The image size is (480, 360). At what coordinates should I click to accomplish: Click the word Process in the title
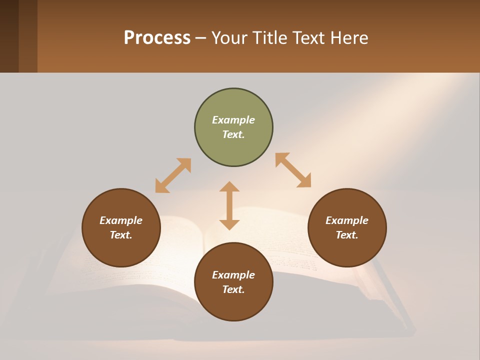(x=157, y=38)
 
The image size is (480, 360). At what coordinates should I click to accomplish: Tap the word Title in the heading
(x=271, y=38)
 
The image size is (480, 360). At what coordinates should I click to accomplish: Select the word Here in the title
(x=349, y=38)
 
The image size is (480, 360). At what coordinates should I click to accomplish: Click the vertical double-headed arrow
(x=229, y=205)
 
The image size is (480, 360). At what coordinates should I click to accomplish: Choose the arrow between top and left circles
(x=173, y=175)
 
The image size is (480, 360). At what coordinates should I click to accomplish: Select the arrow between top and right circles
(x=293, y=170)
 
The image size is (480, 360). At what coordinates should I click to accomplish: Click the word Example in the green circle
(x=233, y=120)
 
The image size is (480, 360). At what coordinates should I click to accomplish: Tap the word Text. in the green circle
(x=233, y=134)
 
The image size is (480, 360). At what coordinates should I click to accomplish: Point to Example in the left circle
(x=121, y=220)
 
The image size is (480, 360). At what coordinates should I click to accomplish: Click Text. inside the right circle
(x=347, y=235)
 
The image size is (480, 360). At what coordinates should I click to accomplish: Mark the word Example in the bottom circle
(x=233, y=275)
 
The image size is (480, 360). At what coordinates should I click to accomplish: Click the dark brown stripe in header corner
(x=9, y=36)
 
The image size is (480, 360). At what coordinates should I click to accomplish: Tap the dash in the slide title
(x=200, y=38)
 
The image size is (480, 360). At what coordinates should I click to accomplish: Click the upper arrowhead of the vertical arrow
(x=229, y=187)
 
